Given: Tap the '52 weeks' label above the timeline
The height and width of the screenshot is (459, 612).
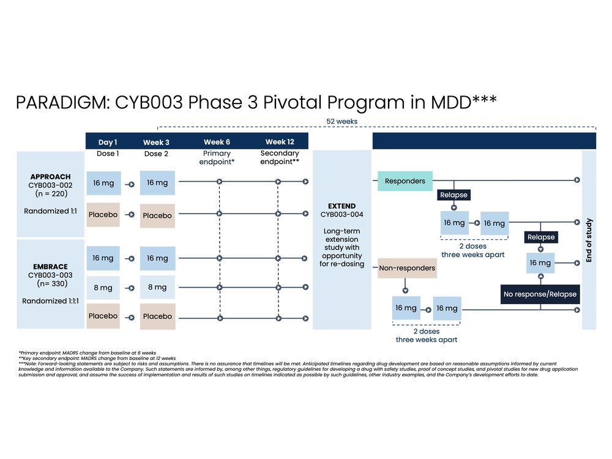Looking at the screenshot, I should tap(341, 121).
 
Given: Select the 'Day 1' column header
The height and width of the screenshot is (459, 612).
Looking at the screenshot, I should tap(108, 142).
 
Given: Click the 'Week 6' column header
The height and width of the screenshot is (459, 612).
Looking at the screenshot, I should tap(217, 142).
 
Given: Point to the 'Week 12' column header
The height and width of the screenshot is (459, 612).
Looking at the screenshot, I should tap(280, 142).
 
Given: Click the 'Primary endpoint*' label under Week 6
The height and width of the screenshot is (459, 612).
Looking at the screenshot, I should tap(217, 158).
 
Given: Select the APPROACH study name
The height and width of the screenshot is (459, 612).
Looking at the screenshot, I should tap(50, 177).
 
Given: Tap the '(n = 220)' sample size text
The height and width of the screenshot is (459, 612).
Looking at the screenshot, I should tap(50, 194).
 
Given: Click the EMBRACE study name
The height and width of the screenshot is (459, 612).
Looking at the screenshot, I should tap(50, 267).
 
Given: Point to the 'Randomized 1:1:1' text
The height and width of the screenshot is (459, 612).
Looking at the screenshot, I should tap(50, 301).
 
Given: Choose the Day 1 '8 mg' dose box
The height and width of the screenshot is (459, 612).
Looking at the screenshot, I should tap(103, 287).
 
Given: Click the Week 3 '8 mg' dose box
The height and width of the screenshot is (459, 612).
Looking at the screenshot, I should tap(157, 287).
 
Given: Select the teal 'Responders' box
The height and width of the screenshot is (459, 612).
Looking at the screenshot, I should tap(405, 181).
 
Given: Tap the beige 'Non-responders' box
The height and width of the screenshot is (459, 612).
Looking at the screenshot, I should tap(407, 268).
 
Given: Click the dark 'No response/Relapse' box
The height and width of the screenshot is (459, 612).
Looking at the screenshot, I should tap(540, 294).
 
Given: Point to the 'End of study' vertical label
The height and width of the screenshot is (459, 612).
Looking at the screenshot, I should tap(589, 240).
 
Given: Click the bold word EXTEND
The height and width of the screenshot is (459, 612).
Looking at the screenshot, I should tap(341, 206).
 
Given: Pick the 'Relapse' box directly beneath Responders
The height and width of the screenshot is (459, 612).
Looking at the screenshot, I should tap(453, 195).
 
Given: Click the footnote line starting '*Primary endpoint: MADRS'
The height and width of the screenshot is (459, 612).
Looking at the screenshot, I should tap(87, 353).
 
